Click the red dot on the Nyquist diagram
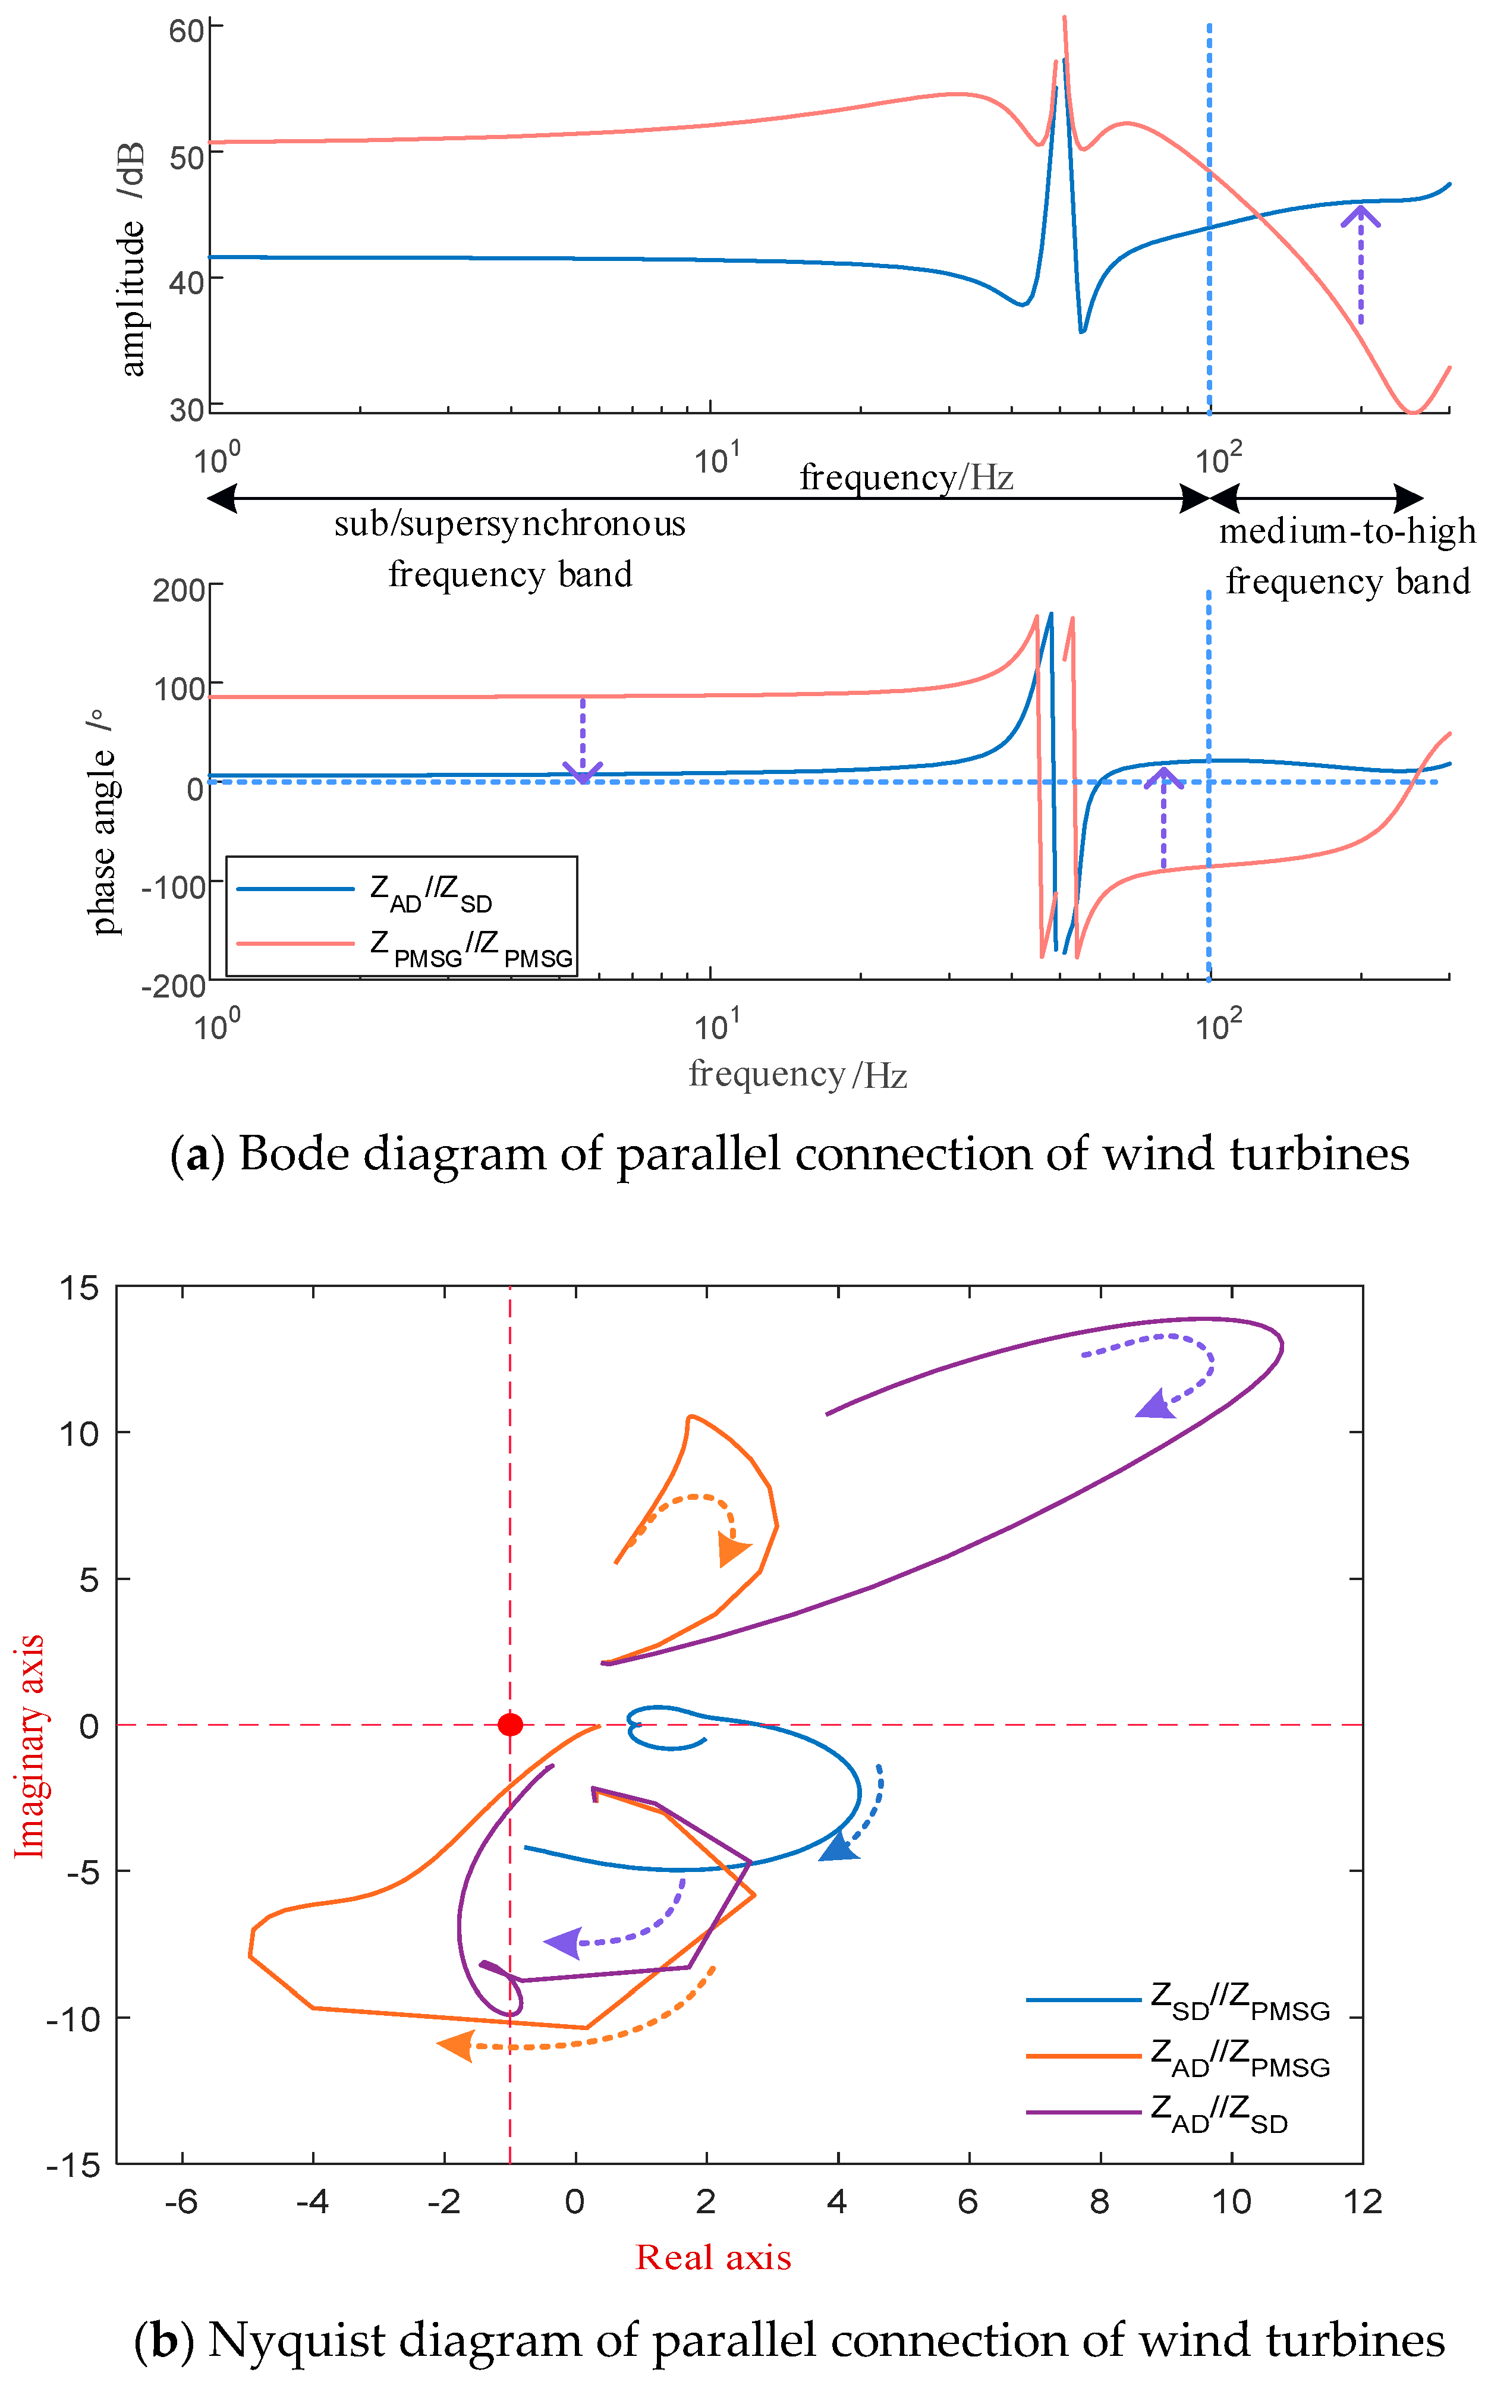(510, 1724)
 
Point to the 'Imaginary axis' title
(30, 1747)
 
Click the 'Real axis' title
(713, 2257)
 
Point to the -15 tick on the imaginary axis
(74, 2164)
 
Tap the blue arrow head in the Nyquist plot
(838, 1848)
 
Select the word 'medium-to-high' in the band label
(1347, 531)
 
